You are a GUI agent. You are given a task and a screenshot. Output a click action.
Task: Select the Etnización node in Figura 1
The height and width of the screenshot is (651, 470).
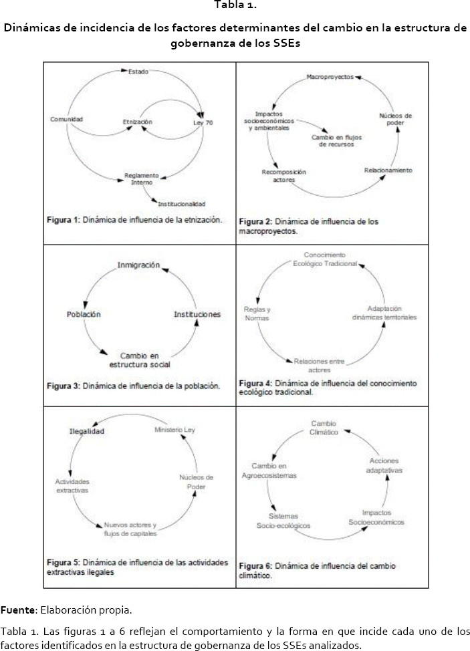(138, 122)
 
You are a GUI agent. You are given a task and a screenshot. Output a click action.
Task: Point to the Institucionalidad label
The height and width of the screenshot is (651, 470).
(182, 203)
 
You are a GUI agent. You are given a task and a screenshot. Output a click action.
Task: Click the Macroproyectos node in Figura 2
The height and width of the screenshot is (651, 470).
(330, 78)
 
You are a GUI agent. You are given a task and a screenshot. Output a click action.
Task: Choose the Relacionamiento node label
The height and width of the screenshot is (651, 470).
(388, 170)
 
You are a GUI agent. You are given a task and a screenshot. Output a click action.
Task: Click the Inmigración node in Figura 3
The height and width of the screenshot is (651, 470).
(138, 265)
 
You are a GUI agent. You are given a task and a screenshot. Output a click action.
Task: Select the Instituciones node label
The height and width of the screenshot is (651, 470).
(197, 314)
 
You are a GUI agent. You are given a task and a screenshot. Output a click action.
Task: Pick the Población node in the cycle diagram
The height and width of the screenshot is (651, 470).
(84, 314)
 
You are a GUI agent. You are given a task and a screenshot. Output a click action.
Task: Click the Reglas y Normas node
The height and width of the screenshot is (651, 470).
(257, 313)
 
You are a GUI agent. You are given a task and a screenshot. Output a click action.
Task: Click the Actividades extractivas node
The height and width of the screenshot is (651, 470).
(72, 485)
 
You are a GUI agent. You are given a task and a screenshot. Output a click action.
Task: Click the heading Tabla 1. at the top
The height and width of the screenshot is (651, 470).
(235, 6)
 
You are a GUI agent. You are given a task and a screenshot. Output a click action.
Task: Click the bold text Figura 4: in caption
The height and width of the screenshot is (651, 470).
(255, 384)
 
